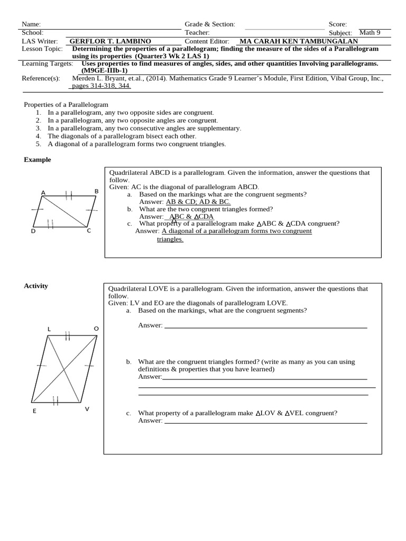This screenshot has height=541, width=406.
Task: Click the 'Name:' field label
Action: tap(31, 24)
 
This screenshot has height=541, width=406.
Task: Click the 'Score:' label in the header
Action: tap(338, 24)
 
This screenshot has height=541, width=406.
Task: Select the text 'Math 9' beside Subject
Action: tap(370, 33)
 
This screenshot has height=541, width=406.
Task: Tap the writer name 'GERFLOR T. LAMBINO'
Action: tap(110, 41)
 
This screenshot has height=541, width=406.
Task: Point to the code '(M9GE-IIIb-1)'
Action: tap(104, 70)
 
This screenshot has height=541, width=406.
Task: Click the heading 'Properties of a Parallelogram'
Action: tap(66, 105)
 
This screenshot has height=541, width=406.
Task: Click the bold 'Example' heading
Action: tap(38, 160)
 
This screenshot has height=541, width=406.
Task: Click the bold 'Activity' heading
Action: tap(36, 286)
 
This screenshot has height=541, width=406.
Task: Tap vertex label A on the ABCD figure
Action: tap(43, 192)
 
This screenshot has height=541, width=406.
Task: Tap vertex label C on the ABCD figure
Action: tap(89, 230)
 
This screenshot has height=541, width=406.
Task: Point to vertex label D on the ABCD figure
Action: tap(33, 231)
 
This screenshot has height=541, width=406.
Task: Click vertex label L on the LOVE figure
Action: tap(49, 329)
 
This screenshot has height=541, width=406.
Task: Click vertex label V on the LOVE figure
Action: tap(87, 409)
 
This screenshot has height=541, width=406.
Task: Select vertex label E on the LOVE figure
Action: tap(34, 411)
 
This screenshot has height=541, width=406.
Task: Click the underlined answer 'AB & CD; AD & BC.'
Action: tap(198, 202)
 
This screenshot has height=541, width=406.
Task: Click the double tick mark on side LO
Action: tap(68, 335)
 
